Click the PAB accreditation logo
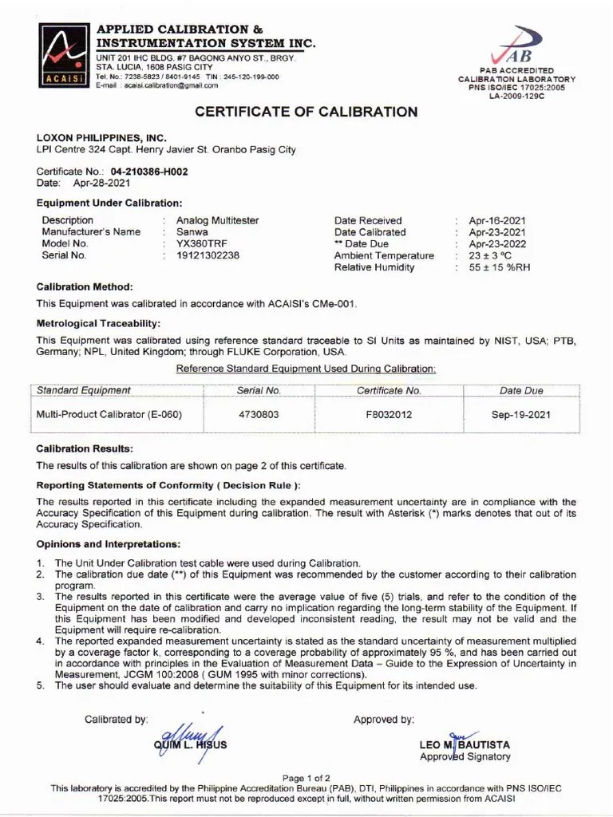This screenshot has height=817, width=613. [516, 47]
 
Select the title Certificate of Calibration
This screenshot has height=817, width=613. [306, 112]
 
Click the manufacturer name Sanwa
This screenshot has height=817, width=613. [192, 232]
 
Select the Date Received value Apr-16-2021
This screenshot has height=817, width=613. [497, 220]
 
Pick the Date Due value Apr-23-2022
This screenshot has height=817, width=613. [497, 243]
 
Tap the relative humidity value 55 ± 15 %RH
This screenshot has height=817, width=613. [499, 267]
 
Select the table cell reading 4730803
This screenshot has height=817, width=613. [259, 415]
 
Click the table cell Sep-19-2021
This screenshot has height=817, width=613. [520, 415]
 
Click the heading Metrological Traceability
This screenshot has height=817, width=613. [98, 323]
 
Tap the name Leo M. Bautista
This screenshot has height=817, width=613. [465, 744]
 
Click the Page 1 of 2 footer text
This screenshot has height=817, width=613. [306, 778]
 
